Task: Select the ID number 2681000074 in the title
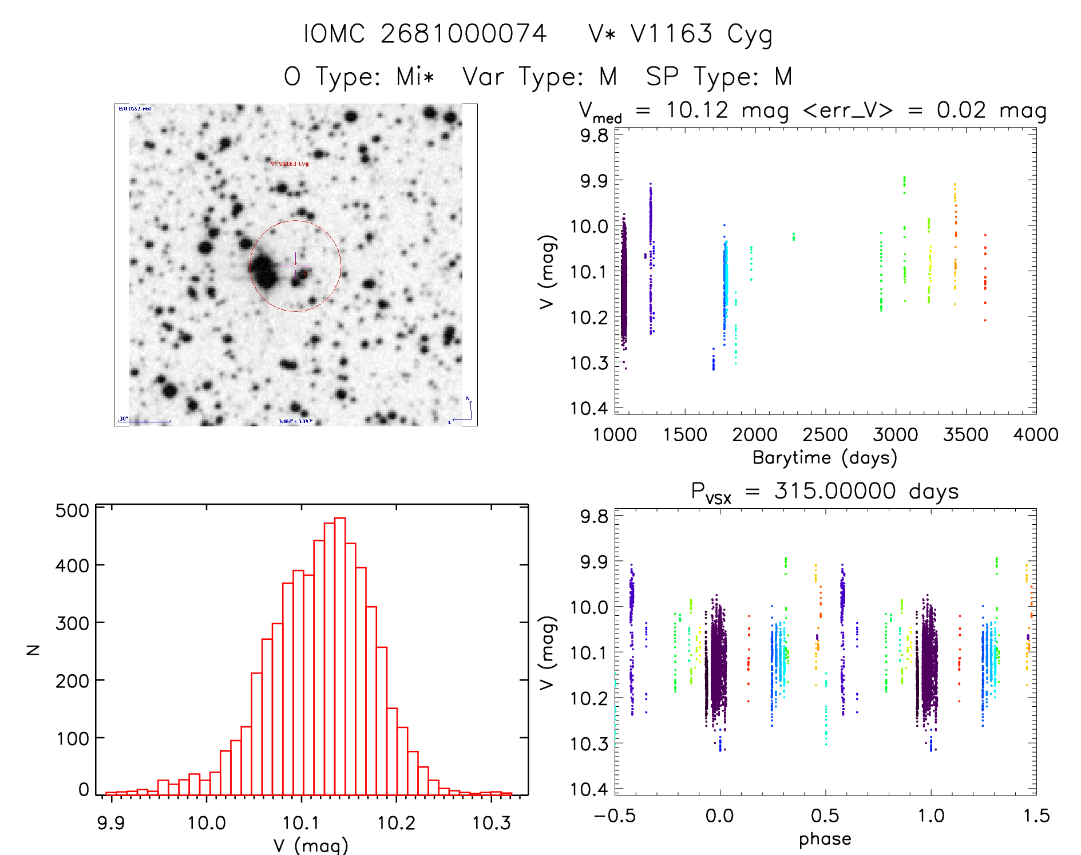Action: point(464,34)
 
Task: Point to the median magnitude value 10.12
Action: point(696,110)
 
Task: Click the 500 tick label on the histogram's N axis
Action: point(72,510)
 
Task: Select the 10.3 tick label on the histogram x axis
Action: point(491,823)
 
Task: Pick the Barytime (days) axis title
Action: point(825,458)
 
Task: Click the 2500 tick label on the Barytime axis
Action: point(825,435)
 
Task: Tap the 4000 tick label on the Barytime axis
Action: point(1036,435)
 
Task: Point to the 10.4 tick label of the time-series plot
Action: point(589,408)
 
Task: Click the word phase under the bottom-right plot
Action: point(825,839)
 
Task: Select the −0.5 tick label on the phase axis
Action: point(615,816)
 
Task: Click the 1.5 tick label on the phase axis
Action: point(1036,816)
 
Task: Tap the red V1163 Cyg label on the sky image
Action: point(290,164)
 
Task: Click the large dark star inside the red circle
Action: point(264,270)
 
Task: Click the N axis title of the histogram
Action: point(34,650)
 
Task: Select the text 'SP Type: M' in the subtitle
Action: point(719,77)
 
